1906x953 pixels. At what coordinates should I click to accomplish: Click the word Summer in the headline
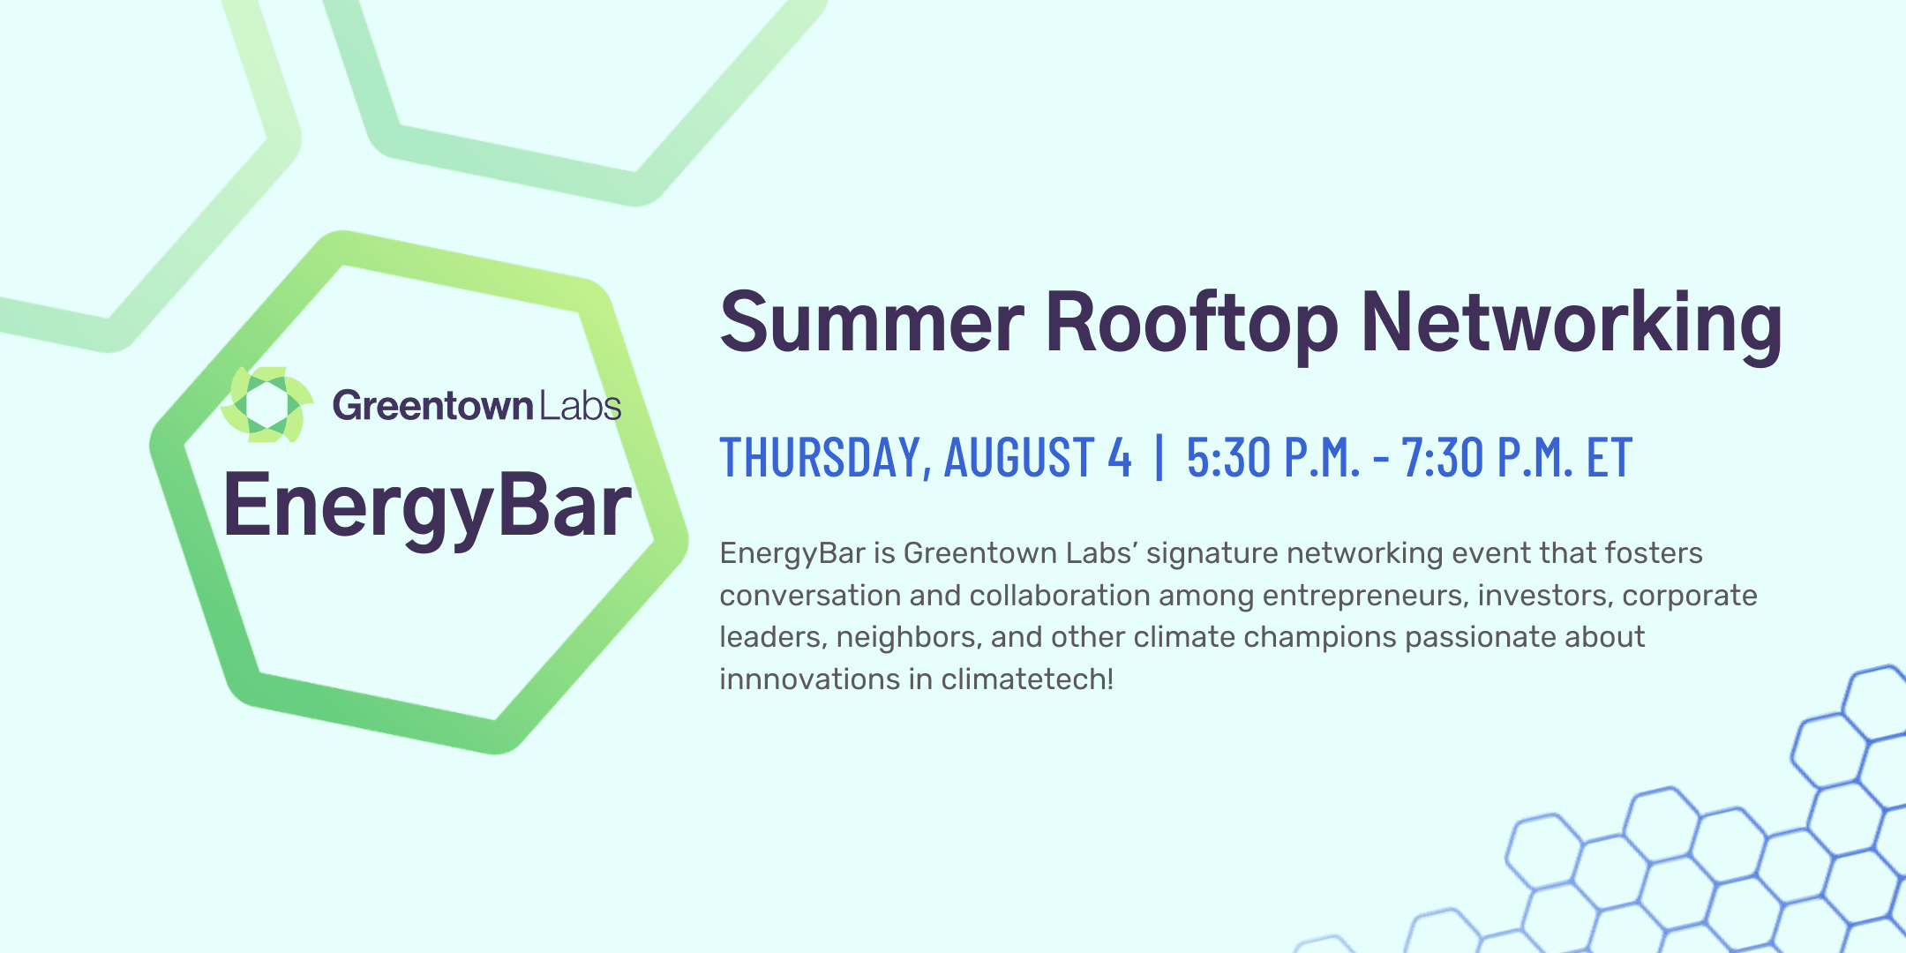click(x=872, y=322)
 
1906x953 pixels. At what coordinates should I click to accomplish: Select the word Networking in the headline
click(x=1572, y=326)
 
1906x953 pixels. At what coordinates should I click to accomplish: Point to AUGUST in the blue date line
click(x=1019, y=457)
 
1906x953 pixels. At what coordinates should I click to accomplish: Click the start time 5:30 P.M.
click(x=1273, y=457)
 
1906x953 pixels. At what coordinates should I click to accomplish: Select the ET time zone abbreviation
click(x=1610, y=457)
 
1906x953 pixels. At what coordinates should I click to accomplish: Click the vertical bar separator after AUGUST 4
click(x=1159, y=457)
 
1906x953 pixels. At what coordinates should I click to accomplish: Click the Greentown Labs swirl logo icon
click(x=267, y=405)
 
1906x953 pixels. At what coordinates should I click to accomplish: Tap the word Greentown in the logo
click(x=432, y=406)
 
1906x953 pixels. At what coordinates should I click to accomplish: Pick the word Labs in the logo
click(x=581, y=406)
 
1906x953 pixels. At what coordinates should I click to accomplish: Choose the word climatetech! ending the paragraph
click(x=1027, y=679)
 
